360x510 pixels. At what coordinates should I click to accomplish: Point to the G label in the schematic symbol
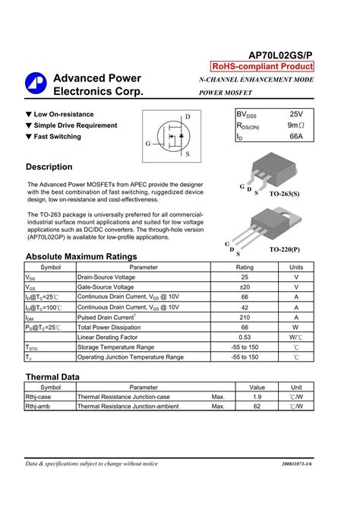click(x=149, y=144)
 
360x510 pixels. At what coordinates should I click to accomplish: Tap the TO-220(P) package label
click(x=284, y=249)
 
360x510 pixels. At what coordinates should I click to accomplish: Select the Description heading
click(x=49, y=166)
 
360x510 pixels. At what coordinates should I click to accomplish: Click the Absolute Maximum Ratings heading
click(x=81, y=257)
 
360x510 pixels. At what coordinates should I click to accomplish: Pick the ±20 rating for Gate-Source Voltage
click(x=245, y=288)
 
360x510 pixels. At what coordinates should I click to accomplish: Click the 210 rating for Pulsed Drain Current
click(x=245, y=317)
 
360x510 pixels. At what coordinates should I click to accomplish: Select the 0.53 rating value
click(x=245, y=337)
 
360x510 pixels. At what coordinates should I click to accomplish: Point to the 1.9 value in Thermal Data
click(x=257, y=397)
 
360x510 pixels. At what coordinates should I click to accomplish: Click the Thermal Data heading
click(x=52, y=377)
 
